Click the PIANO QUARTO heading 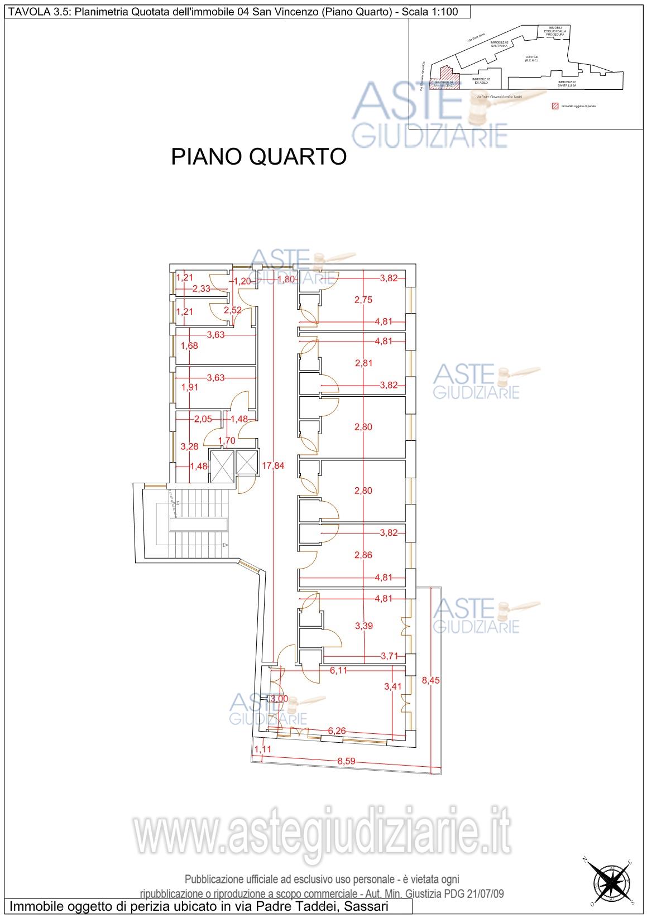pyautogui.click(x=258, y=157)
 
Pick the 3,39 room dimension pyautogui.click(x=363, y=626)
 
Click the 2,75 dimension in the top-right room pyautogui.click(x=363, y=300)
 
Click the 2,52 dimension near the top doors pyautogui.click(x=233, y=310)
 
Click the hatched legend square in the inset pyautogui.click(x=555, y=105)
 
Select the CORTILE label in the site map pyautogui.click(x=531, y=59)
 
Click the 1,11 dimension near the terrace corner pyautogui.click(x=262, y=749)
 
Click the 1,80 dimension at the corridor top pyautogui.click(x=286, y=279)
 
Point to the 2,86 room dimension pyautogui.click(x=363, y=555)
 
